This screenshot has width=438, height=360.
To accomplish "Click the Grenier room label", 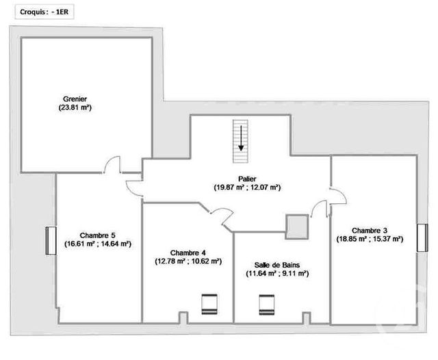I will click(x=75, y=99).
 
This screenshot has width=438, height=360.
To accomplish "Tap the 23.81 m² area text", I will click(x=75, y=108).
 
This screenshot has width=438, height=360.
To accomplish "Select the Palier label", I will click(x=237, y=178).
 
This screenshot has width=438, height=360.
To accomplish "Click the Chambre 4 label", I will click(x=188, y=251).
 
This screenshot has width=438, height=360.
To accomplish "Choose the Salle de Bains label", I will click(x=277, y=264).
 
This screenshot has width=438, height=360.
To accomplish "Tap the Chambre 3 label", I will click(x=373, y=230).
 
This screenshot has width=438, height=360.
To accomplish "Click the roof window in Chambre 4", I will click(x=209, y=303).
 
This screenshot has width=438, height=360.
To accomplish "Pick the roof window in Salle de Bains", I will click(x=266, y=303).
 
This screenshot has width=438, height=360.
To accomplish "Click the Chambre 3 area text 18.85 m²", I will click(x=357, y=240).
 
